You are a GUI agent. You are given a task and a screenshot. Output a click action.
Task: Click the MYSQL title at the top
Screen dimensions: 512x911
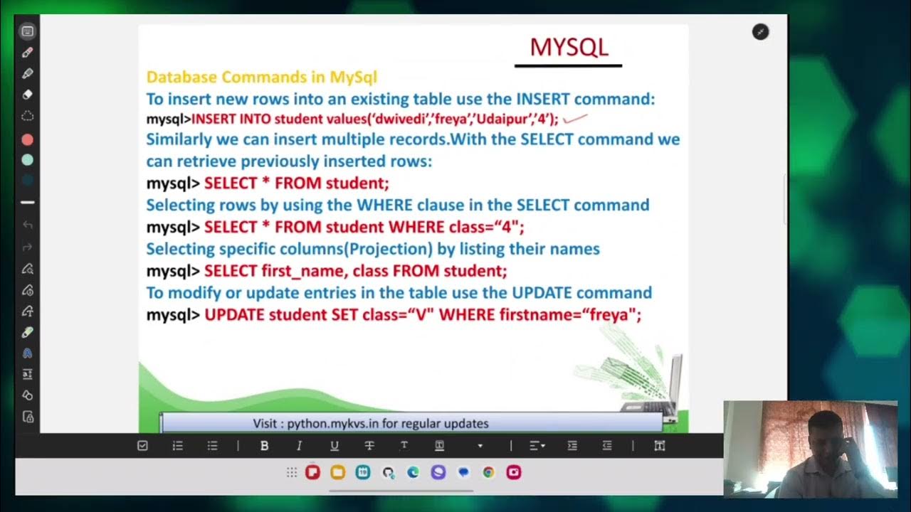click(569, 48)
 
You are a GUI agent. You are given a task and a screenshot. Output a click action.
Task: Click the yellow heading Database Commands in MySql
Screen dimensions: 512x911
click(261, 77)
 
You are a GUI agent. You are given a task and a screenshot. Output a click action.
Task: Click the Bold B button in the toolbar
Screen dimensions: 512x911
click(264, 446)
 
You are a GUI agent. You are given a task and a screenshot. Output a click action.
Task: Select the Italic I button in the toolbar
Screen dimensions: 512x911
click(299, 446)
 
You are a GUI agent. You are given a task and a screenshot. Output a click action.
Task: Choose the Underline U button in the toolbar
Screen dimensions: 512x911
click(334, 446)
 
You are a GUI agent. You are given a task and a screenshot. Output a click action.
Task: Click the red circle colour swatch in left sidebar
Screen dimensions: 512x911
click(28, 140)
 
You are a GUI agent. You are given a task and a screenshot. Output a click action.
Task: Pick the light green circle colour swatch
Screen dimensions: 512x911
click(28, 160)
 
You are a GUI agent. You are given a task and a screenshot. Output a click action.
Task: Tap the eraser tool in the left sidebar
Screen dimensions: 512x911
click(28, 94)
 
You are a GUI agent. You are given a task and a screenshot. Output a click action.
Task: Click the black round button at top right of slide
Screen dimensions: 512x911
click(760, 32)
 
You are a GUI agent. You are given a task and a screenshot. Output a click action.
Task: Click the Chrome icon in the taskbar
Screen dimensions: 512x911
click(488, 472)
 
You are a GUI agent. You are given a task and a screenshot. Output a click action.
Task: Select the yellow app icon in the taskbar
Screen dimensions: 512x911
click(337, 472)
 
